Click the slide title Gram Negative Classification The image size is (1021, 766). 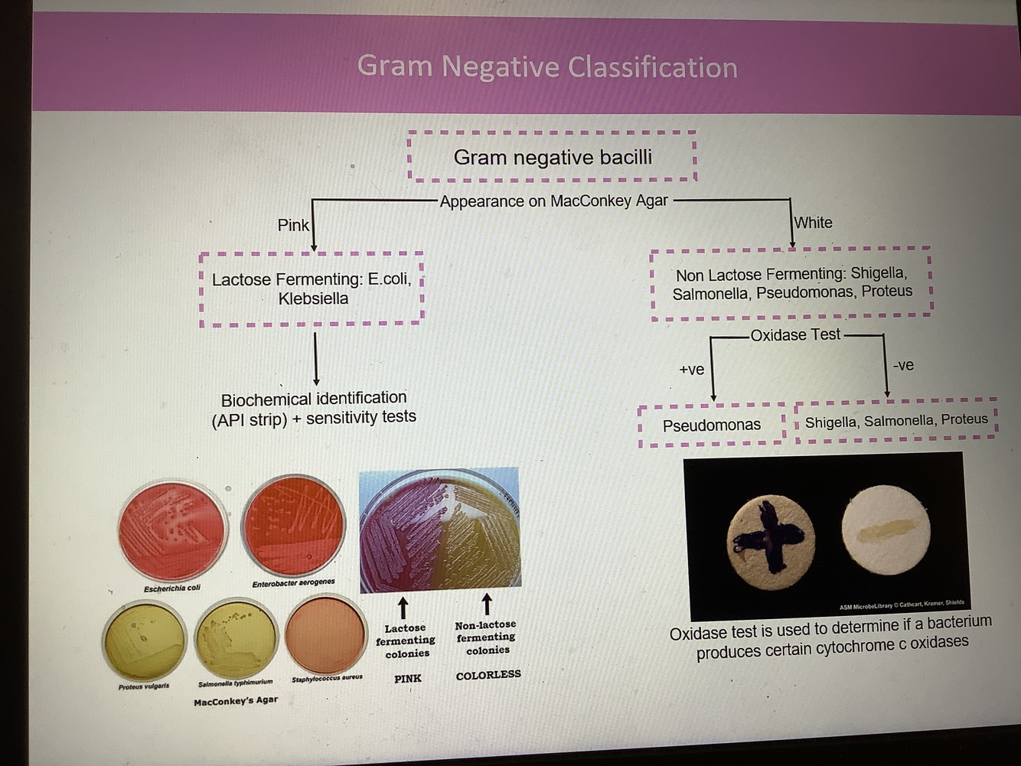point(547,67)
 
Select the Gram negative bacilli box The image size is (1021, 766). point(553,157)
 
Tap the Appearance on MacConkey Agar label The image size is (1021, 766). point(553,201)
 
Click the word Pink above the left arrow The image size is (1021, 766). point(293,225)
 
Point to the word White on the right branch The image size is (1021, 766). point(813,223)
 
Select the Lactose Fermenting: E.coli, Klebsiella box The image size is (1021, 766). point(312,288)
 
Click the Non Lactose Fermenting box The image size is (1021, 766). point(791,282)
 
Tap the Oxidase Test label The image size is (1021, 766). point(795,334)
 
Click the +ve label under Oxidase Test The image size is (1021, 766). point(692,370)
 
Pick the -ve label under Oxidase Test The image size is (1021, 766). point(903,365)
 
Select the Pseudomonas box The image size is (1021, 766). point(712,425)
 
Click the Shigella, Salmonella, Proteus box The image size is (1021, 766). point(896,420)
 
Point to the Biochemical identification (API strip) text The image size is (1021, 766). point(314,408)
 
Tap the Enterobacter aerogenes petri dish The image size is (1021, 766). point(292,525)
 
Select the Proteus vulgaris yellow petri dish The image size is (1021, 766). point(145,640)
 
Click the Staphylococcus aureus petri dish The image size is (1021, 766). point(325,634)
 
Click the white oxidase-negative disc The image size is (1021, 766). point(886,529)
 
